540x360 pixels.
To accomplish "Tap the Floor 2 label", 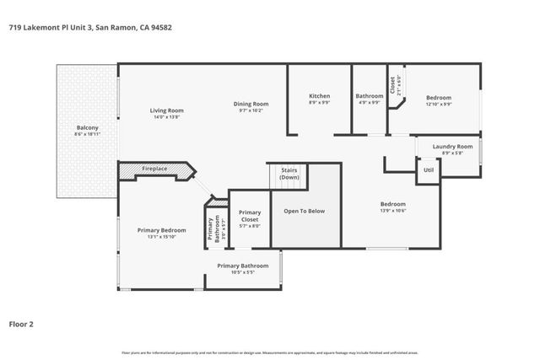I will pyautogui.click(x=21, y=323).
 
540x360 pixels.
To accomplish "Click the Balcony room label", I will pyautogui.click(x=87, y=127).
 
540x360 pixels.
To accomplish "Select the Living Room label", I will pyautogui.click(x=166, y=110).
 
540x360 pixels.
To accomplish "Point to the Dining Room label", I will pyautogui.click(x=251, y=104).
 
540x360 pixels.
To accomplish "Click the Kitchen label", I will pyautogui.click(x=319, y=96).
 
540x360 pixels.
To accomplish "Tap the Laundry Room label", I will pyautogui.click(x=452, y=147).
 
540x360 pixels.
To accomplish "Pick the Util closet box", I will pyautogui.click(x=429, y=169).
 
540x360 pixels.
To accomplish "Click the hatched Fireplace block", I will pyautogui.click(x=154, y=169).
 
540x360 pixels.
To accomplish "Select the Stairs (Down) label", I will pyautogui.click(x=289, y=174).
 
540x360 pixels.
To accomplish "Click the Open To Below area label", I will pyautogui.click(x=304, y=211).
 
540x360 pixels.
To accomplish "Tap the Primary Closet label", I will pyautogui.click(x=250, y=216).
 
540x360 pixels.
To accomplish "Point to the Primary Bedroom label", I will pyautogui.click(x=162, y=230).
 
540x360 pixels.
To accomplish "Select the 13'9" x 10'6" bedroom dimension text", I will pyautogui.click(x=392, y=211).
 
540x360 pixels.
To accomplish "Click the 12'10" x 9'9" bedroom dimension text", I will pyautogui.click(x=439, y=105).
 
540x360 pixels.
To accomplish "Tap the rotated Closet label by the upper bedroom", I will pyautogui.click(x=392, y=86).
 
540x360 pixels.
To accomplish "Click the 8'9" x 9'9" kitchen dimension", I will pyautogui.click(x=319, y=104).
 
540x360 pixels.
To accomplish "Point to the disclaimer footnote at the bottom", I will pyautogui.click(x=270, y=352).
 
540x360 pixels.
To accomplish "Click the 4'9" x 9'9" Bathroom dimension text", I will pyautogui.click(x=369, y=104).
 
